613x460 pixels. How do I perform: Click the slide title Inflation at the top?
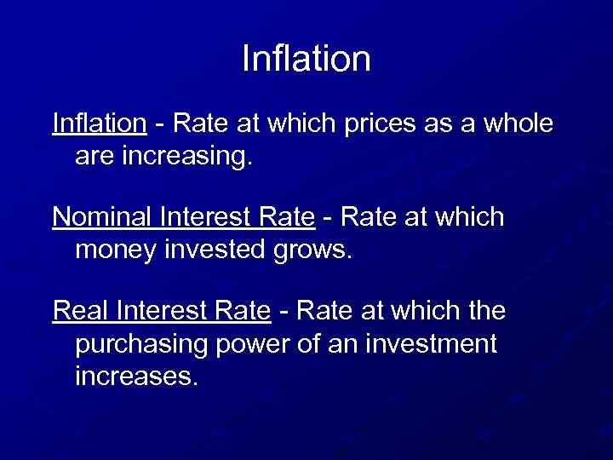[306, 60]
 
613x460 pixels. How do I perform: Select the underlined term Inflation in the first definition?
[99, 124]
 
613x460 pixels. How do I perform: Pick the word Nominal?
[103, 218]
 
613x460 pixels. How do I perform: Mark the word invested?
[215, 250]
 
